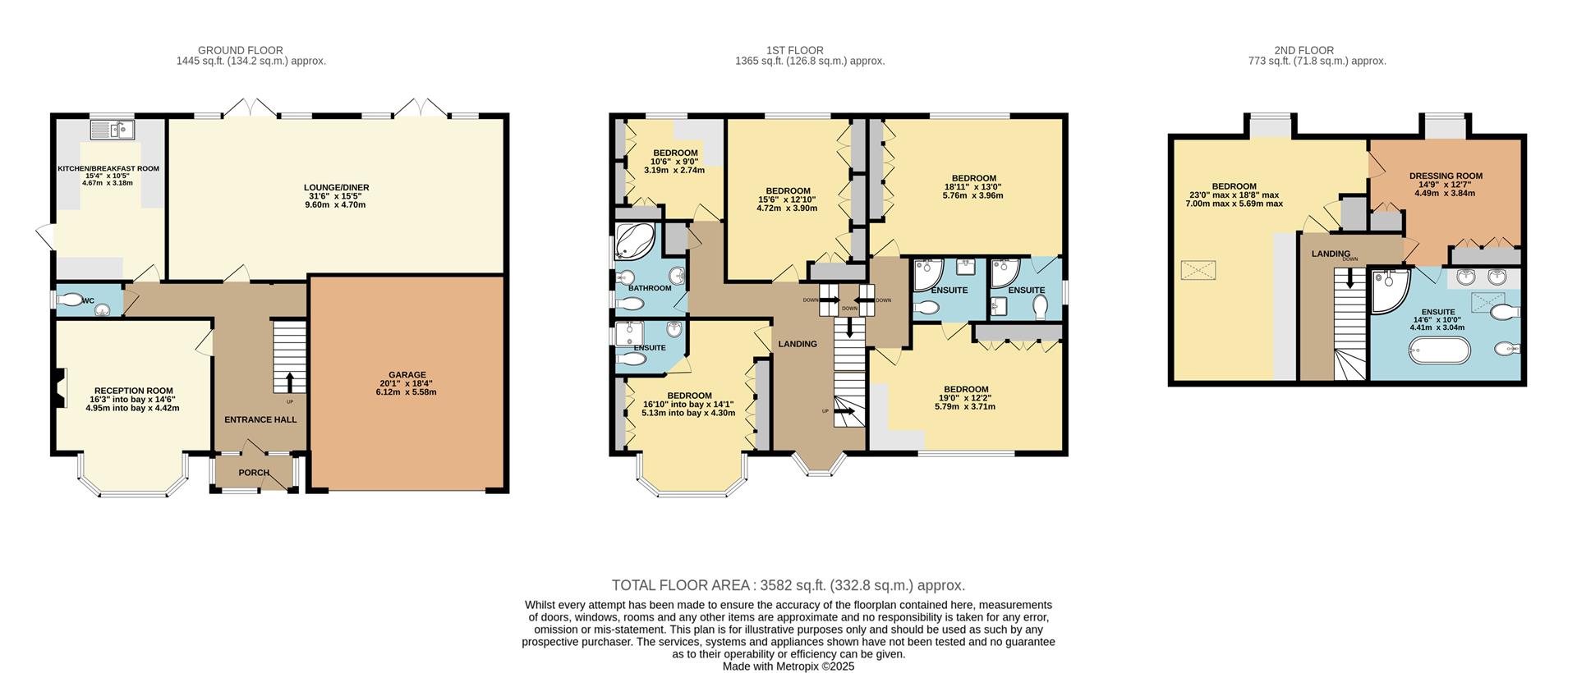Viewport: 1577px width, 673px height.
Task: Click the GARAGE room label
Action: tap(407, 375)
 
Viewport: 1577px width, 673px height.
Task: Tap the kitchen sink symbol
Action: tap(113, 129)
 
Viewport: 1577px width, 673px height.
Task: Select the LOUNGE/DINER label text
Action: tap(336, 187)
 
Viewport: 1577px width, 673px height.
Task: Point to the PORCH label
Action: tap(254, 473)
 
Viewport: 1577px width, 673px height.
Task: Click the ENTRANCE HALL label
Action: tap(260, 419)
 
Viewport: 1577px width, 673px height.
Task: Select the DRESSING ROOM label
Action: tap(1446, 176)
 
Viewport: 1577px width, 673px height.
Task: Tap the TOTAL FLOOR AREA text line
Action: tap(788, 585)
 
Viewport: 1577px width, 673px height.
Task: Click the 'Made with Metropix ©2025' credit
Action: tap(788, 666)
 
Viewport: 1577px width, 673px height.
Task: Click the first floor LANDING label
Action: tap(797, 344)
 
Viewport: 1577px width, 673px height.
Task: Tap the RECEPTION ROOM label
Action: tap(133, 391)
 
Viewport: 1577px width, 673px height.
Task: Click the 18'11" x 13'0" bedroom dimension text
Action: tap(973, 186)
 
